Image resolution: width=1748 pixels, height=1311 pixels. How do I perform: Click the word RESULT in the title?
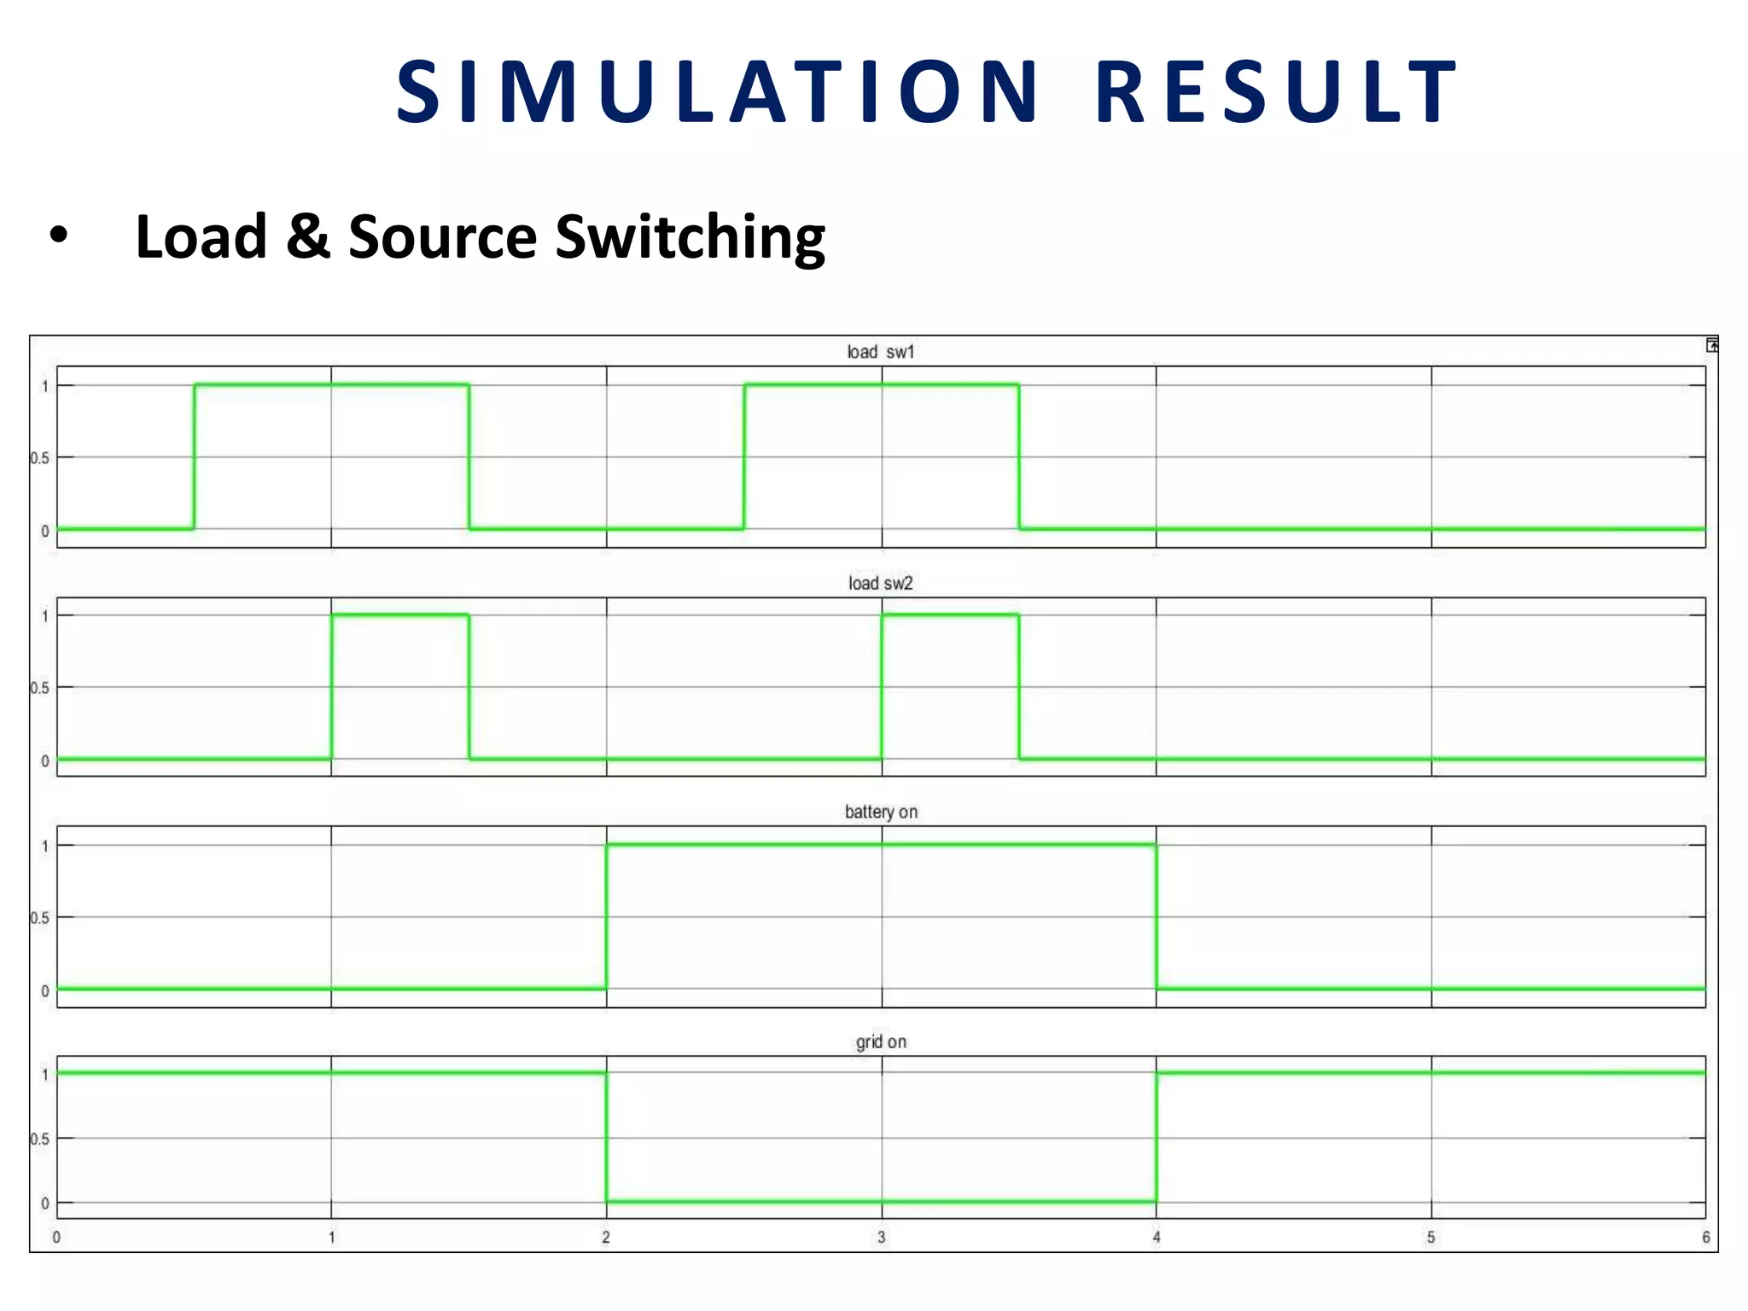(1277, 91)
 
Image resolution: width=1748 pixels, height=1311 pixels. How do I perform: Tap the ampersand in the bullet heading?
(307, 236)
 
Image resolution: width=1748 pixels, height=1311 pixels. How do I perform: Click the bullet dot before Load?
(58, 236)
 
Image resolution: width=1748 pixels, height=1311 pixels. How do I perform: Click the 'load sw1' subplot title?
(880, 352)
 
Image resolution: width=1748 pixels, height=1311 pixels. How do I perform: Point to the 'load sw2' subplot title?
(880, 583)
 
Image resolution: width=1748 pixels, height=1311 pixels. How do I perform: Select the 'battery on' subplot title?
(881, 812)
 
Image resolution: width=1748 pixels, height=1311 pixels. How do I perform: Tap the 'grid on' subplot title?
(881, 1041)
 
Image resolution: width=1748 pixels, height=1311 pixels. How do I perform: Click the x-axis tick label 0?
(56, 1237)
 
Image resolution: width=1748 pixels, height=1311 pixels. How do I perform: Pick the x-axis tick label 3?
(881, 1237)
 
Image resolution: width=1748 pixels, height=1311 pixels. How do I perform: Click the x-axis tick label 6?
(1705, 1237)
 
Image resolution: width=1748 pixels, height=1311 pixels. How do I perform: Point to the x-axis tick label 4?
(1157, 1237)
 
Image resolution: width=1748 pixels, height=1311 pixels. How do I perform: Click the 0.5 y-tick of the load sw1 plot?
(40, 458)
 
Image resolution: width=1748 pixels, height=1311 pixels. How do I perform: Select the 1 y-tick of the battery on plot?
(45, 846)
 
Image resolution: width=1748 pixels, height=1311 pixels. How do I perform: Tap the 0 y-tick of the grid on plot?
(45, 1203)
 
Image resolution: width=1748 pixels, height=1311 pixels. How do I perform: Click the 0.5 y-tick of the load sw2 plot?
(40, 688)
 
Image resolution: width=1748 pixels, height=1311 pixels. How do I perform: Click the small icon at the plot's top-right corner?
(1711, 345)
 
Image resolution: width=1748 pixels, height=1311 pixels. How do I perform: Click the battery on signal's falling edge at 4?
(1157, 918)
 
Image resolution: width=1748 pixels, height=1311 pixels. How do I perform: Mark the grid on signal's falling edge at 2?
(606, 1138)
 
